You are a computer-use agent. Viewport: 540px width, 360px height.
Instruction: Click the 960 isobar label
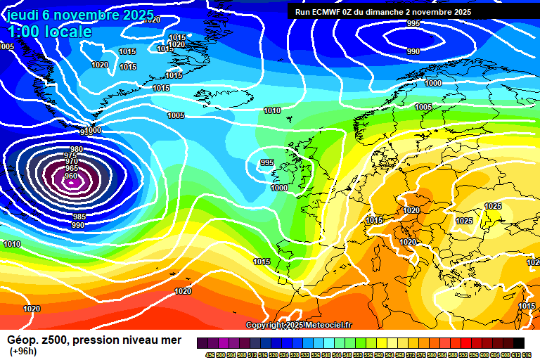tap(71, 176)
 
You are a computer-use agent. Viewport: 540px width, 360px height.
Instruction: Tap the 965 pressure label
tap(71, 169)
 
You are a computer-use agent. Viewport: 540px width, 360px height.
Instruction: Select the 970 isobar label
tap(71, 162)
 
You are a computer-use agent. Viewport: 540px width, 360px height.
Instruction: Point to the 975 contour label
tap(71, 155)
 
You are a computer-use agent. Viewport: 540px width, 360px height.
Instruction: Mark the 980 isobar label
tap(77, 149)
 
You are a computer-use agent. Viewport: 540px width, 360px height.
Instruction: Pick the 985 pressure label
tap(79, 217)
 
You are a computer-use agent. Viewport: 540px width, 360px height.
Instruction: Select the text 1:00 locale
tap(49, 32)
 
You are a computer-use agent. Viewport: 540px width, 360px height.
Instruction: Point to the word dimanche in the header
tap(392, 12)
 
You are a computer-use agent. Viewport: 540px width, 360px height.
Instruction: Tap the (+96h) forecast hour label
tap(23, 351)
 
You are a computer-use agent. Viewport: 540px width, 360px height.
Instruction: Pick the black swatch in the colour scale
tap(519, 342)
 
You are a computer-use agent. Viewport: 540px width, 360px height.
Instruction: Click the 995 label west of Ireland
tap(267, 162)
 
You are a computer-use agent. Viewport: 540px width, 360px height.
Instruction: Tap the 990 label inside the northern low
tap(413, 51)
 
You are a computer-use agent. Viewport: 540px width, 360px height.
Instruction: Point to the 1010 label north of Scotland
tap(272, 110)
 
